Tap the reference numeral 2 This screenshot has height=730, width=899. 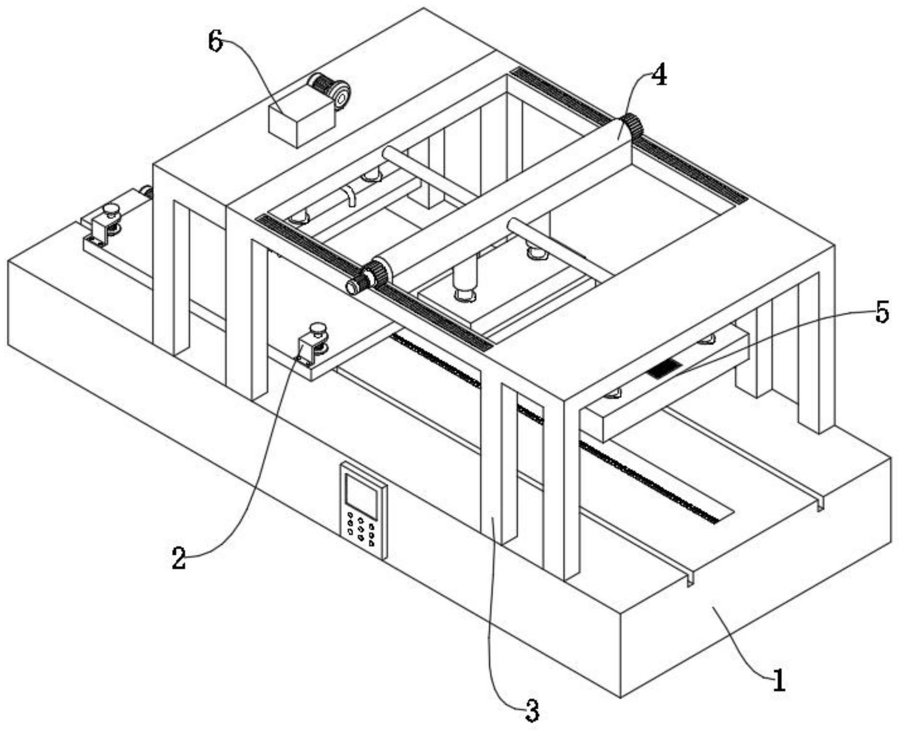(x=179, y=559)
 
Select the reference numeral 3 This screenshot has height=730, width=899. (x=532, y=710)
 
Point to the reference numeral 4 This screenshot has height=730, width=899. (x=660, y=76)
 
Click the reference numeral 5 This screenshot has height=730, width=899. (x=882, y=314)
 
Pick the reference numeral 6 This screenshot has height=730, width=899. (x=215, y=42)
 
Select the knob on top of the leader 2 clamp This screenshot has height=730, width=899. (x=317, y=329)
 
